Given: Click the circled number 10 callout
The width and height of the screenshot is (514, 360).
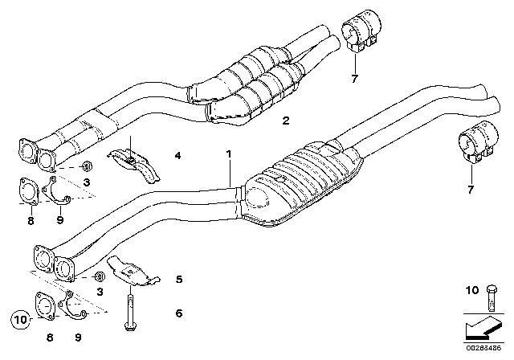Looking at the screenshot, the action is [x=21, y=319].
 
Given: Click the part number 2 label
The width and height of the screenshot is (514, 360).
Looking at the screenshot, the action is [x=286, y=121].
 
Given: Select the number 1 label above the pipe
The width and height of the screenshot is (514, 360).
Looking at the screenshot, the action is [x=229, y=153].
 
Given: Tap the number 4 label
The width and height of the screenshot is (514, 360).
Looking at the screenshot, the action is [x=177, y=155].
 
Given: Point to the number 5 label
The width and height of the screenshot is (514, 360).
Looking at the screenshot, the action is [x=179, y=280].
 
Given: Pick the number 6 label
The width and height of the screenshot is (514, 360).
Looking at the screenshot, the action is [x=179, y=313].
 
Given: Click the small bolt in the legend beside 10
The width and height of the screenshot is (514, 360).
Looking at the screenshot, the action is [x=492, y=297].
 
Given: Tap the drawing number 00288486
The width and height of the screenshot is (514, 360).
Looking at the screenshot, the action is [x=483, y=348].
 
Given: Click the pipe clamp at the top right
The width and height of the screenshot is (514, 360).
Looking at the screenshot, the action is [x=361, y=31].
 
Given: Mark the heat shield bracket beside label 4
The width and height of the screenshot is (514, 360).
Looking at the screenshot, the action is [x=134, y=164].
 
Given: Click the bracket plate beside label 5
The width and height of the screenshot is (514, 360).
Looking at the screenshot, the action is [x=133, y=271].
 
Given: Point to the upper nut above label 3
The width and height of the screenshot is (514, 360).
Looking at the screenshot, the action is [x=87, y=166].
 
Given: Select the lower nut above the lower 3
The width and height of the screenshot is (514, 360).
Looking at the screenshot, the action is [x=99, y=276].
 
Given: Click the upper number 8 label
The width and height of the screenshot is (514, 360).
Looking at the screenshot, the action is [x=31, y=221].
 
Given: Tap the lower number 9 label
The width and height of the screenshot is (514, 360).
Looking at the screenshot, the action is [x=78, y=337].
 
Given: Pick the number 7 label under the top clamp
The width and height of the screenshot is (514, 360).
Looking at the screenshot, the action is [x=354, y=79].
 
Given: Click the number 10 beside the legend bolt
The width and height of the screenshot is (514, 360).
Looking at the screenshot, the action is [x=472, y=290].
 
